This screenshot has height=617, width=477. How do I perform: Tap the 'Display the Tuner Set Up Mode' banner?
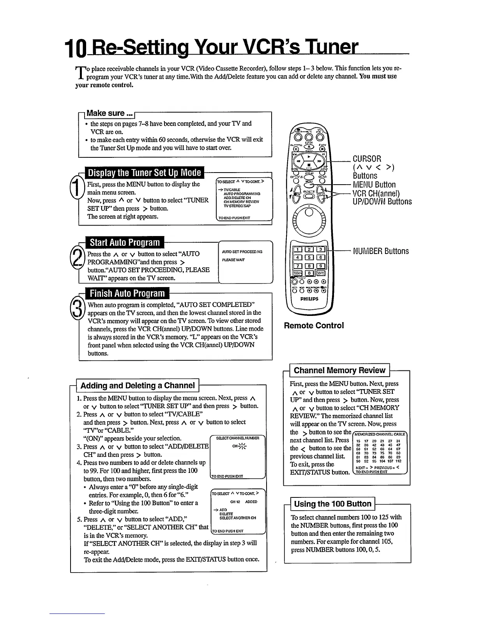click(x=144, y=173)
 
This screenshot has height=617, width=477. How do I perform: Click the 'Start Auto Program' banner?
click(x=125, y=243)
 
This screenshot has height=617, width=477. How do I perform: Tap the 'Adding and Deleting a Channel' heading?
click(x=138, y=386)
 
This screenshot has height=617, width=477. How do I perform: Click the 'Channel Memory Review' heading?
click(x=339, y=370)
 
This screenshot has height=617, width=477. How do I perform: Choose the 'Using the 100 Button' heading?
click(x=332, y=504)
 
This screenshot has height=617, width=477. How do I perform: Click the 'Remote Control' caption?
click(x=314, y=326)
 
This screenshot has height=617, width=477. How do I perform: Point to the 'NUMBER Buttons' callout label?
click(x=381, y=251)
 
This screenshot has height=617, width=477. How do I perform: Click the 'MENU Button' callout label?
click(x=374, y=185)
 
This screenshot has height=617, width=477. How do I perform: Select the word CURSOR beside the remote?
click(x=367, y=159)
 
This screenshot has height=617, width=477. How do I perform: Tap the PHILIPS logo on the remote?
click(x=309, y=299)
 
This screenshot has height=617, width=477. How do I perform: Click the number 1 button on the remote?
click(x=298, y=250)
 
